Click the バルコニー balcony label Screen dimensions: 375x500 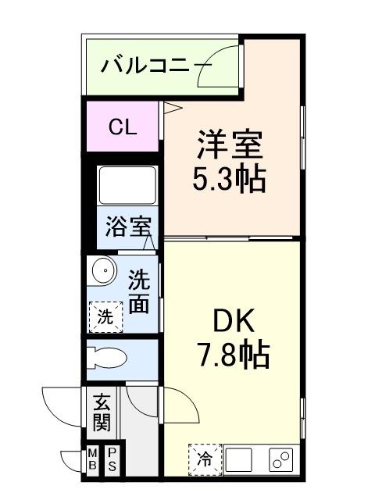(x=156, y=66)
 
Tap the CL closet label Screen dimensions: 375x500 (x=123, y=127)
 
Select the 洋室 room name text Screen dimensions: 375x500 (x=230, y=145)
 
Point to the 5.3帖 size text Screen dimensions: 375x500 (x=229, y=178)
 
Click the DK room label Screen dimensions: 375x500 (x=234, y=320)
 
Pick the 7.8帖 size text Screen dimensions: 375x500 (x=234, y=354)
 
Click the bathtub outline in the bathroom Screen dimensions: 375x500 (x=127, y=185)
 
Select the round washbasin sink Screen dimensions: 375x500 (x=103, y=270)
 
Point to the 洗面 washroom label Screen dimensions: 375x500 (x=139, y=291)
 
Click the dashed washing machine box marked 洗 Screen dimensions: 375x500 (x=106, y=317)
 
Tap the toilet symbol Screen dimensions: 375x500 (x=107, y=359)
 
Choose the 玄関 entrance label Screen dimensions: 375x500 (x=102, y=412)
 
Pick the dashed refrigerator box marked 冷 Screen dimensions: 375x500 (x=205, y=459)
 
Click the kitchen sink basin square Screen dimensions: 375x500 (x=239, y=459)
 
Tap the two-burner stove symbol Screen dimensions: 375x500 (x=280, y=459)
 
